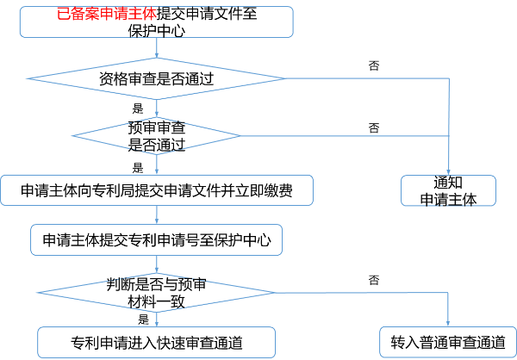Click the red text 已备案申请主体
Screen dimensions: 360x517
click(106, 15)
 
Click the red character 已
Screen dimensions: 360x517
click(62, 15)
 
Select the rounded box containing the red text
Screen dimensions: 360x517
click(156, 22)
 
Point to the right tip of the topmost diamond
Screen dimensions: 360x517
click(285, 78)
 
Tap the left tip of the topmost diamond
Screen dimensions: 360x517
click(28, 78)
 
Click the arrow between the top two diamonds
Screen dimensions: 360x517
click(157, 109)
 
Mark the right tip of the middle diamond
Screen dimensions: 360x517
click(240, 135)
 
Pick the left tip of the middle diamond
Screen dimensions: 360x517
click(72, 135)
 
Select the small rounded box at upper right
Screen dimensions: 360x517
click(448, 190)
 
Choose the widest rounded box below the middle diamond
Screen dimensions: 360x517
click(156, 190)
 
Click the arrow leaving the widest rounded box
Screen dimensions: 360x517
click(157, 215)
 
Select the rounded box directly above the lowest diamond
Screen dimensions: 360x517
click(156, 239)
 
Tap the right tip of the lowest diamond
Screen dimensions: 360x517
click(274, 293)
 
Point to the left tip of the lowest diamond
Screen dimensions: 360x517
click(37, 293)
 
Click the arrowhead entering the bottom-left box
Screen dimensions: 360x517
click(157, 323)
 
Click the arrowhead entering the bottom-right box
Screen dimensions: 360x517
click(449, 323)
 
